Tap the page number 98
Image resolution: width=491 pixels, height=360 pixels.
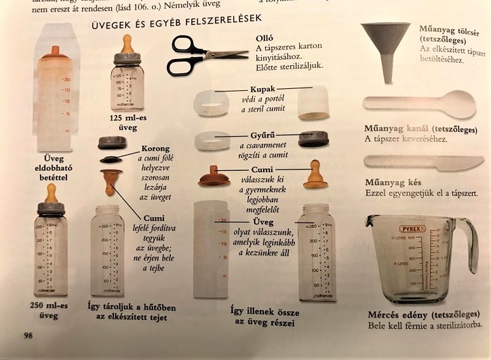click(28, 335)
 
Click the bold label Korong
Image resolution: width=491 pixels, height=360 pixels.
click(155, 148)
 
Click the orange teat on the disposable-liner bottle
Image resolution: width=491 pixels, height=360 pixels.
click(54, 54)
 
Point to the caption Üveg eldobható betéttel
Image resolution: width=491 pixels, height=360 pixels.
click(53, 167)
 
